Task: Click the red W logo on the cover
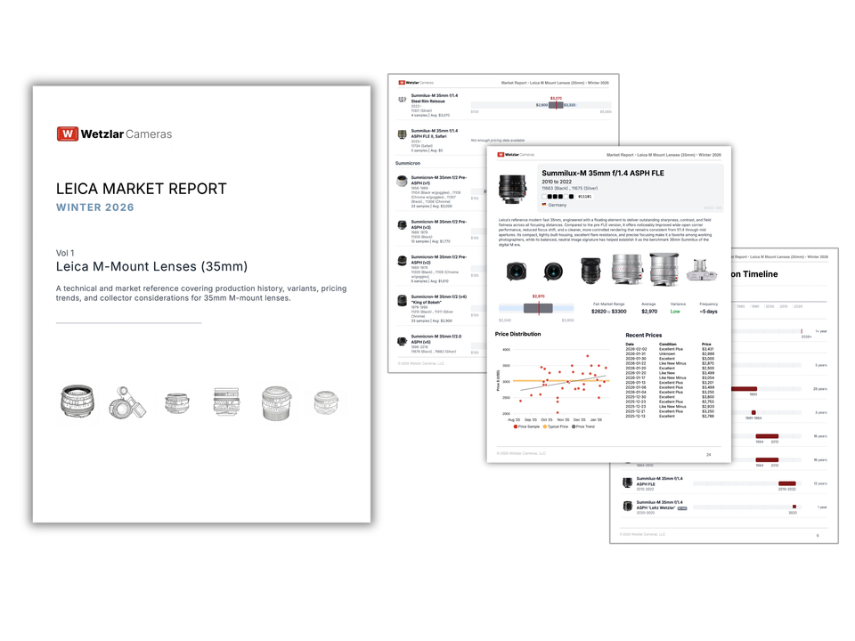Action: pyautogui.click(x=68, y=134)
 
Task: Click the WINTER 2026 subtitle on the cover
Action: pyautogui.click(x=95, y=207)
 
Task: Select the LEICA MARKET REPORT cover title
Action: pyautogui.click(x=141, y=189)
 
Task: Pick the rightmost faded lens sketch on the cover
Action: pyautogui.click(x=326, y=403)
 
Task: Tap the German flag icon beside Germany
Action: pyautogui.click(x=544, y=205)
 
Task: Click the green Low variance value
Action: pyautogui.click(x=674, y=312)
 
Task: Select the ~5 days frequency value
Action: pyautogui.click(x=708, y=312)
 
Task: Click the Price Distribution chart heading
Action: pyautogui.click(x=517, y=334)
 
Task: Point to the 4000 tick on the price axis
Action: pyautogui.click(x=506, y=350)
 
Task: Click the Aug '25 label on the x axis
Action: pyautogui.click(x=514, y=419)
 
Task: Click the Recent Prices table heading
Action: pyautogui.click(x=643, y=336)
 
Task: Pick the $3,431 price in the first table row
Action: pyautogui.click(x=707, y=349)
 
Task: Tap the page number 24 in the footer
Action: pyautogui.click(x=708, y=454)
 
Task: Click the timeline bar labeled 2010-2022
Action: pyautogui.click(x=786, y=483)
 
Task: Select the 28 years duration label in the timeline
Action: pyautogui.click(x=820, y=388)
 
